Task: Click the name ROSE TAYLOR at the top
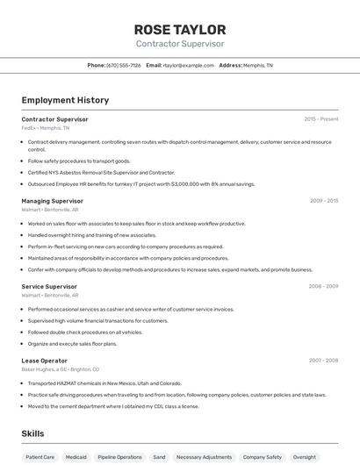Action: point(179,29)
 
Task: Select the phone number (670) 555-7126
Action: point(124,65)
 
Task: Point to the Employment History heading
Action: point(65,100)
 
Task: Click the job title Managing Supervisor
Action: point(52,201)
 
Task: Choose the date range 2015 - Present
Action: point(320,118)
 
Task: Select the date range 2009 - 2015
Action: point(323,201)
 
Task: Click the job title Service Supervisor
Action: point(49,286)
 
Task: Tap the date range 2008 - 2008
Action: point(323,286)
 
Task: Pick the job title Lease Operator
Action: point(44,361)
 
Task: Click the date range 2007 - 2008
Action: point(323,361)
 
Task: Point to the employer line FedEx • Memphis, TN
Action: point(45,128)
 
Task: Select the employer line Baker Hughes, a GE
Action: point(60,369)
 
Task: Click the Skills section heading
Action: point(32,433)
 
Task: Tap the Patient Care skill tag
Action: point(40,457)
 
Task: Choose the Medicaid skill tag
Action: point(76,457)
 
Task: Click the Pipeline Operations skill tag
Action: point(119,457)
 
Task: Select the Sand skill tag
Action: point(159,457)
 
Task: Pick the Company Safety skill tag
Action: point(262,457)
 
